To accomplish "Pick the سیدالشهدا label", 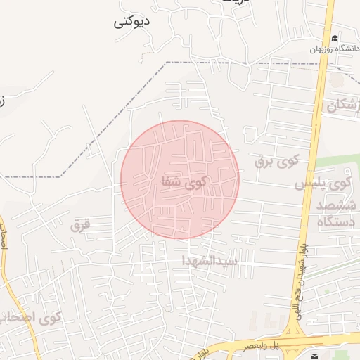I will pos(210,260).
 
